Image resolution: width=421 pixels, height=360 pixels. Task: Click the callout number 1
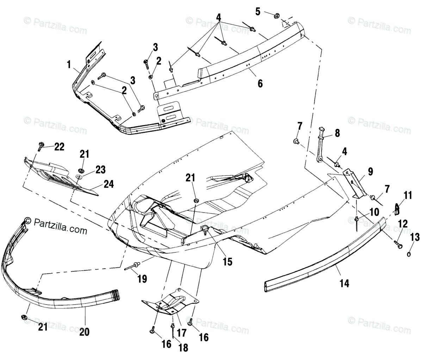point(69,64)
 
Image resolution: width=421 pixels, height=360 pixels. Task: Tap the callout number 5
point(258,11)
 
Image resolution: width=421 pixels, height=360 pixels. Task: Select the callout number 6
point(260,83)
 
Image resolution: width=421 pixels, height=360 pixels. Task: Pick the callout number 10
point(374,212)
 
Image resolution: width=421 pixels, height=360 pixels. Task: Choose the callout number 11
point(408,195)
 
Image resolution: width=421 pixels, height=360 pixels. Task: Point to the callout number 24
point(109,184)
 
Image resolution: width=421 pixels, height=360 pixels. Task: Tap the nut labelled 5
point(277,15)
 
